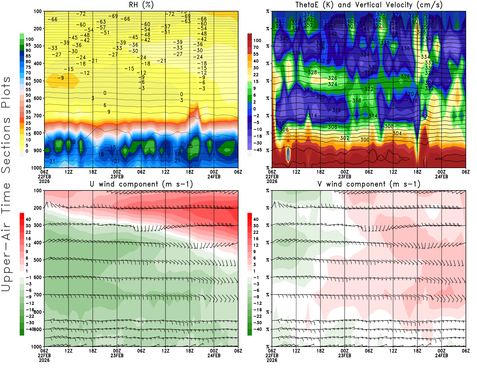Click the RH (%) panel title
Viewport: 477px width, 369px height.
coord(141,5)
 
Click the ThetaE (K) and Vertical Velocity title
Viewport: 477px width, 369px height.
coord(369,5)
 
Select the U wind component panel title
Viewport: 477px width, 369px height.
coord(141,184)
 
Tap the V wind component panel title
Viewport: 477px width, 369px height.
coord(369,184)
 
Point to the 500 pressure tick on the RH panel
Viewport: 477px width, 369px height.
coord(38,81)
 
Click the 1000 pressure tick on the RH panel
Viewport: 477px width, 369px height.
coord(36,168)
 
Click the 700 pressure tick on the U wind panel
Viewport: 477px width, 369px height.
coord(38,295)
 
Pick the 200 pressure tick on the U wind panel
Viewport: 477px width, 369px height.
coord(38,208)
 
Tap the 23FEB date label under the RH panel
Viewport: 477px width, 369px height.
coord(117,176)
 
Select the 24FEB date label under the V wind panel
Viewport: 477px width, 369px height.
coord(442,356)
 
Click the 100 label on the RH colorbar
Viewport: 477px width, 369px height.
coord(30,39)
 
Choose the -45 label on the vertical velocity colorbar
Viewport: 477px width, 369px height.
coord(257,150)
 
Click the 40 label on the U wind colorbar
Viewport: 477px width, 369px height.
coord(28,219)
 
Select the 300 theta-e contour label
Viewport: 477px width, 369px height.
coord(365,139)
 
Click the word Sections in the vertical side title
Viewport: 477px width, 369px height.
coord(6,145)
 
